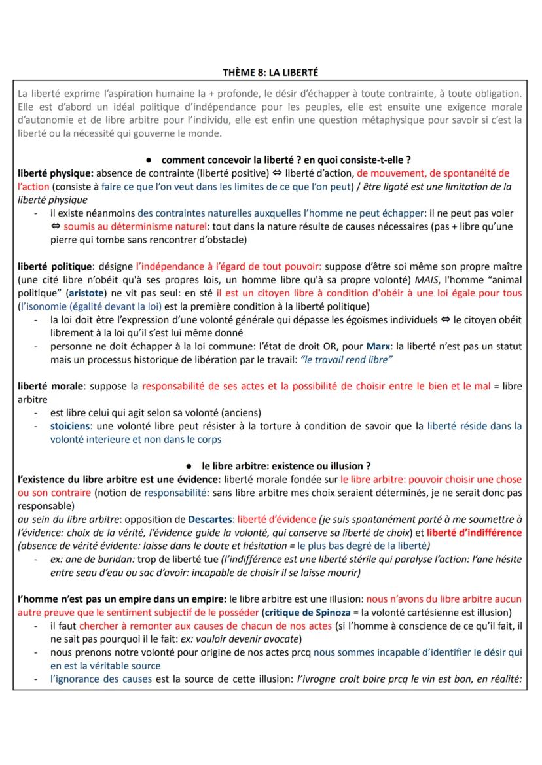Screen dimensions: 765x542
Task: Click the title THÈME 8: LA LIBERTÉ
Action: coord(270,72)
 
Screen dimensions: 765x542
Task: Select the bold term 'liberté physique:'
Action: coord(56,173)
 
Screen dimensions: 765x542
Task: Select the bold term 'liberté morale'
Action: coord(50,386)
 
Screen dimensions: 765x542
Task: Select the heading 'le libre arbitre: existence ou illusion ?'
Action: coord(286,466)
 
